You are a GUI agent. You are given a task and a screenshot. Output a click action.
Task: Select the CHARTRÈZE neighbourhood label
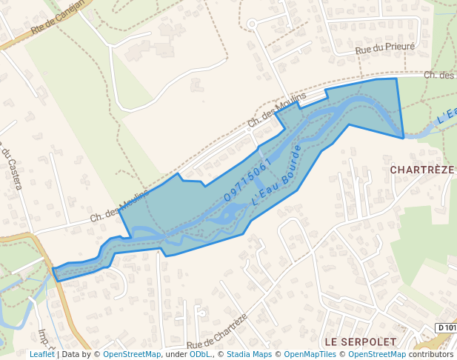pos(421,170)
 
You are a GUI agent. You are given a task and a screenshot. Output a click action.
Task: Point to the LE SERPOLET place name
pos(360,341)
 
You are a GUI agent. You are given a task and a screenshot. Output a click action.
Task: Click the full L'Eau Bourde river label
pos(276,176)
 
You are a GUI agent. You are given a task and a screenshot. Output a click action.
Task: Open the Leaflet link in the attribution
pos(41,354)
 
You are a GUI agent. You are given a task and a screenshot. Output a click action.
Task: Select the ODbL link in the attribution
pos(199,354)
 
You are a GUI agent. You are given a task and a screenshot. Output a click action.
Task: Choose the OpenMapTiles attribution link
pos(310,354)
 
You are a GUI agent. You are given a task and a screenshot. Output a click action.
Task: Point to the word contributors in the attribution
pos(431,354)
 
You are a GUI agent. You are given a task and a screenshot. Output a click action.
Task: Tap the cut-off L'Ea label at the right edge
pos(446,115)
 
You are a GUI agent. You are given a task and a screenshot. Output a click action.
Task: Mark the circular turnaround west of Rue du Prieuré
pos(252,24)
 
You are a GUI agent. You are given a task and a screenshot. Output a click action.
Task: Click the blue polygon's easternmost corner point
pos(404,138)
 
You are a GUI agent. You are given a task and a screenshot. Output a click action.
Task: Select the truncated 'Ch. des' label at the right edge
pos(439,75)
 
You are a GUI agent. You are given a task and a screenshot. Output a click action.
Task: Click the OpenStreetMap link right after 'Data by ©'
pos(132,354)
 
